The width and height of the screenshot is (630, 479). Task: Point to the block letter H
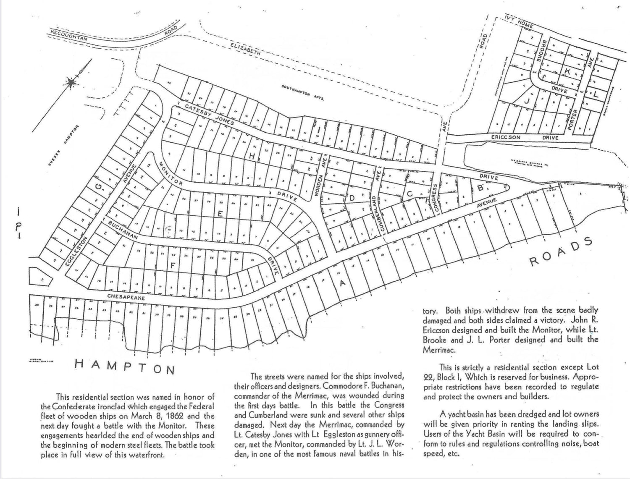pyautogui.click(x=252, y=155)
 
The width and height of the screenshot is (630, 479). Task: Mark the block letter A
pyautogui.click(x=342, y=283)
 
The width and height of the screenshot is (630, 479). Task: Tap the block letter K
pyautogui.click(x=567, y=72)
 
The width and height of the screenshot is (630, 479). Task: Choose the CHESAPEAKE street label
pyautogui.click(x=126, y=297)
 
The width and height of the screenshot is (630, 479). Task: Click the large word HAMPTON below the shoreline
pyautogui.click(x=124, y=366)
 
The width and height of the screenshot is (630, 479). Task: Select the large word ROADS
pyautogui.click(x=561, y=253)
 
